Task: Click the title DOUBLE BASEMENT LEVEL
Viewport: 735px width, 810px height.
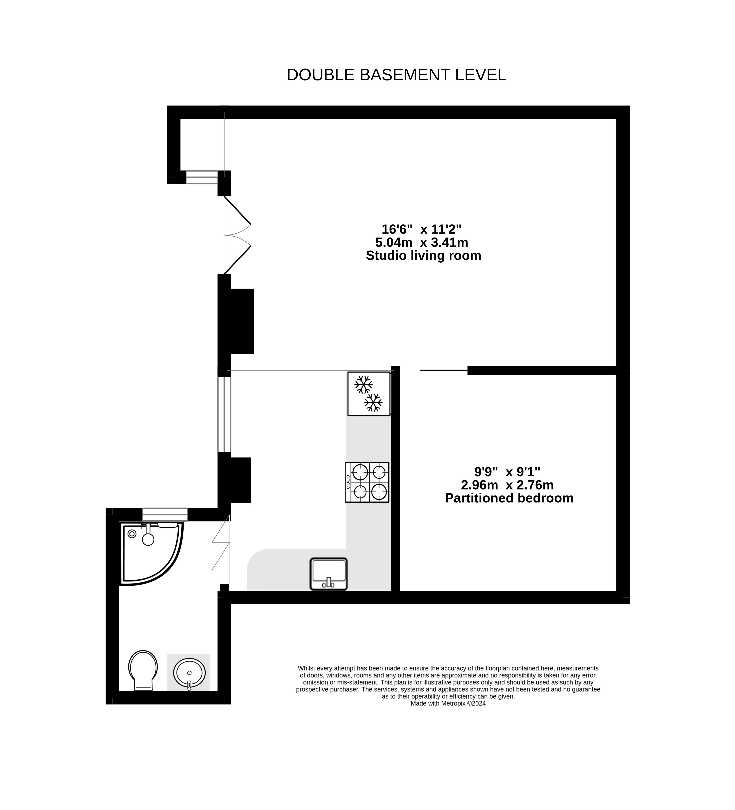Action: [396, 75]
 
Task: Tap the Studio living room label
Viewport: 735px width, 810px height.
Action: [423, 256]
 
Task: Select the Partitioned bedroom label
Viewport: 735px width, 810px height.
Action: [509, 498]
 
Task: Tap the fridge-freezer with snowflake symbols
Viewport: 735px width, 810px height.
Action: [369, 394]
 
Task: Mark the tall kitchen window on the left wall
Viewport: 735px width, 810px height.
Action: [224, 414]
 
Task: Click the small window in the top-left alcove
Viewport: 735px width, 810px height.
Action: [202, 177]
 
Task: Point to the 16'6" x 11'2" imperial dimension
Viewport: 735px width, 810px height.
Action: [421, 229]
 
